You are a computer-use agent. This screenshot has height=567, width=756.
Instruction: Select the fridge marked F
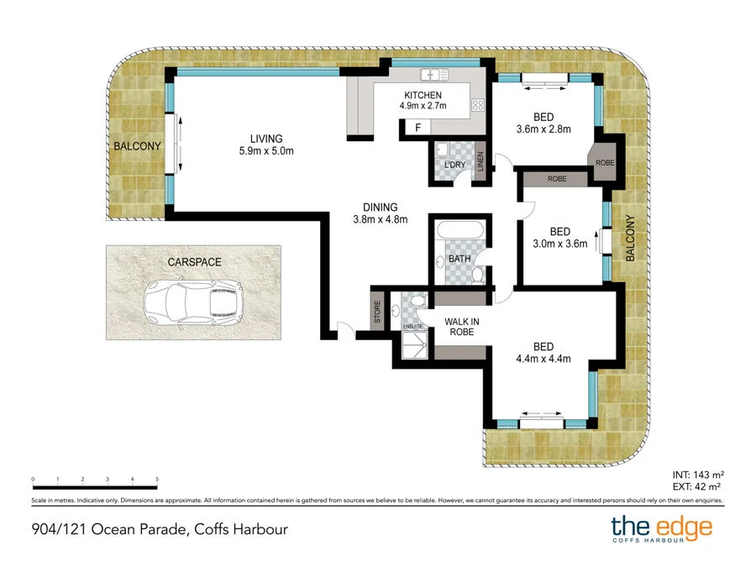[x=417, y=128]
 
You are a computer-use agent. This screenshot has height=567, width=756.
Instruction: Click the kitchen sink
[x=434, y=73]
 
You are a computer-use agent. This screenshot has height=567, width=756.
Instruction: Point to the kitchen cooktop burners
[x=479, y=106]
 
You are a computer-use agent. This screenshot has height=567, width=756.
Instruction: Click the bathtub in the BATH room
[x=458, y=230]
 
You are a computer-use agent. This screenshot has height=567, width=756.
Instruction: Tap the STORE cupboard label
[x=377, y=312]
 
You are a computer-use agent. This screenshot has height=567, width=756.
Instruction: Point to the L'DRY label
[x=454, y=165]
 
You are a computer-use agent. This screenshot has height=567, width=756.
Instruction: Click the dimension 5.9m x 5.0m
[x=265, y=151]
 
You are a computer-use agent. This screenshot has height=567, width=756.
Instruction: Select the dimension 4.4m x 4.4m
[x=543, y=359]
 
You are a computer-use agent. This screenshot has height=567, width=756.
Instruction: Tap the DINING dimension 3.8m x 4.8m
[x=380, y=220]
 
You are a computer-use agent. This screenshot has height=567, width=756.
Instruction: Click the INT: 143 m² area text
[x=698, y=473]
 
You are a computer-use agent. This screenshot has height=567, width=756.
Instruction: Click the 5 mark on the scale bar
[x=157, y=480]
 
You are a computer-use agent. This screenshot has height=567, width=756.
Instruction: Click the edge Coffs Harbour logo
[x=661, y=529]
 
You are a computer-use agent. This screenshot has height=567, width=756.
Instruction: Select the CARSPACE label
[x=194, y=262]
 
